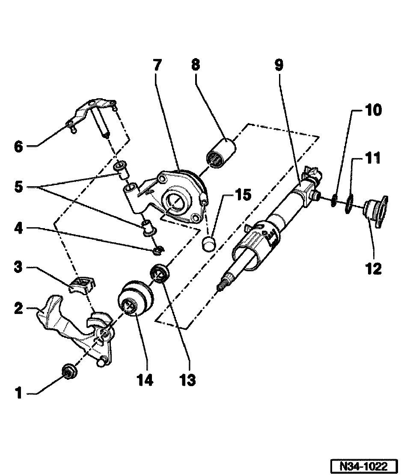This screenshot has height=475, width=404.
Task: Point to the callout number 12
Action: pyautogui.click(x=373, y=269)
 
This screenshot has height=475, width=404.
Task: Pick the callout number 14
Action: pyautogui.click(x=146, y=378)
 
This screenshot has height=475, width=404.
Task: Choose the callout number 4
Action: pyautogui.click(x=18, y=229)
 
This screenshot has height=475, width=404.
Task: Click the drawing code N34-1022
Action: pyautogui.click(x=364, y=466)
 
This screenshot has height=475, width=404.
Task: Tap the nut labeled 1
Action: pyautogui.click(x=68, y=371)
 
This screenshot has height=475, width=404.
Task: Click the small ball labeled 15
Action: pyautogui.click(x=209, y=245)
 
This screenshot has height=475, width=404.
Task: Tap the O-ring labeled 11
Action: pyautogui.click(x=349, y=203)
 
